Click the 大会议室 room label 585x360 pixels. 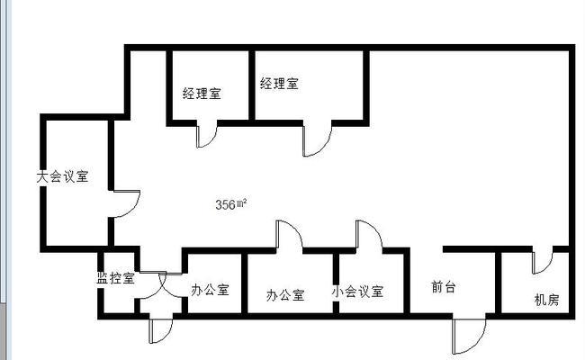pyautogui.click(x=62, y=176)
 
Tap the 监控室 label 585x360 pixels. pyautogui.click(x=116, y=278)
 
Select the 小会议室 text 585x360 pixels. pyautogui.click(x=357, y=292)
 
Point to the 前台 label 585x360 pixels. pyautogui.click(x=444, y=287)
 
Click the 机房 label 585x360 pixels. pyautogui.click(x=547, y=300)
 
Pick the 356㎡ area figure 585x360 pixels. pyautogui.click(x=231, y=204)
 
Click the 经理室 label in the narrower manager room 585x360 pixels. pyautogui.click(x=202, y=94)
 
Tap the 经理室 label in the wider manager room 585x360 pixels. pyautogui.click(x=279, y=83)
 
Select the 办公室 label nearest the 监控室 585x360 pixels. pyautogui.click(x=210, y=290)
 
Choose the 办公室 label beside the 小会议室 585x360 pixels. pyautogui.click(x=285, y=295)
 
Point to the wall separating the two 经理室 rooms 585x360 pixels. pyautogui.click(x=252, y=85)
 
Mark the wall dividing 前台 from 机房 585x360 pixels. pyautogui.click(x=498, y=283)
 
